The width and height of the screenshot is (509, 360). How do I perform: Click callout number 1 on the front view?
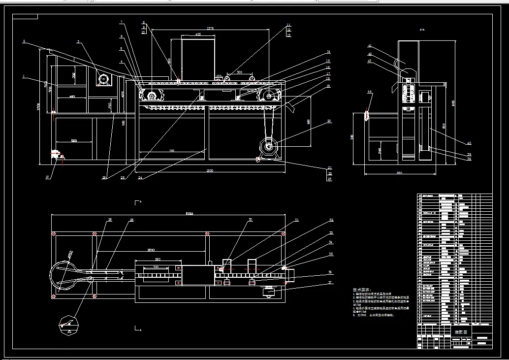[x=23, y=76]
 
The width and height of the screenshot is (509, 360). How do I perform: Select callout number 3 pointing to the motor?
[x=78, y=42]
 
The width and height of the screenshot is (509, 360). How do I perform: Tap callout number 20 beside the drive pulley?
[x=329, y=121]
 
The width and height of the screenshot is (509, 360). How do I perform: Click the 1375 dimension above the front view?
[x=210, y=28]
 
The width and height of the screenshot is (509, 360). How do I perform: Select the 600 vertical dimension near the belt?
[x=308, y=122]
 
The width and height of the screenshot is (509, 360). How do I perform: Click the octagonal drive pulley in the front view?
[x=269, y=146]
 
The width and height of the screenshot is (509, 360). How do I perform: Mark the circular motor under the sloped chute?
[x=104, y=79]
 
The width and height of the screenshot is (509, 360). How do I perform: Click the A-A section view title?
[x=422, y=30]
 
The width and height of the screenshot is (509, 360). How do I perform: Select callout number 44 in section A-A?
[x=369, y=92]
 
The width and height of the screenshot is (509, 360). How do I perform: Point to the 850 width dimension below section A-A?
[x=399, y=173]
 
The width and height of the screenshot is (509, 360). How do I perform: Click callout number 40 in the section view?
[x=469, y=143]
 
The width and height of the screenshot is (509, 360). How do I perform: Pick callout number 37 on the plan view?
[x=331, y=283]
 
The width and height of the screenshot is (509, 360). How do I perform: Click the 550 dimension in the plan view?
[x=158, y=259]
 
